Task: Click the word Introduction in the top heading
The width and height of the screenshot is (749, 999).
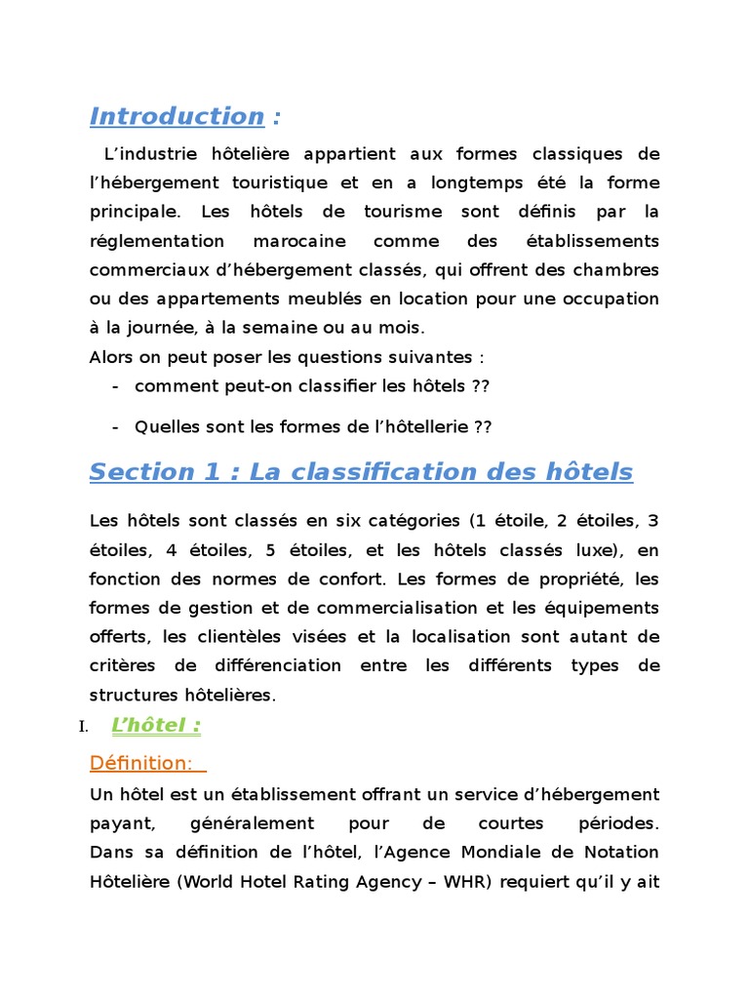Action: (177, 116)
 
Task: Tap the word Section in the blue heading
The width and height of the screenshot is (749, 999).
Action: (129, 472)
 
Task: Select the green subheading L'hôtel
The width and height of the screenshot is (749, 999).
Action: (156, 725)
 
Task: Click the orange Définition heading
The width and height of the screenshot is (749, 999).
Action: (140, 762)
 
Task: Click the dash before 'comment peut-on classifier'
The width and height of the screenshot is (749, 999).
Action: (116, 386)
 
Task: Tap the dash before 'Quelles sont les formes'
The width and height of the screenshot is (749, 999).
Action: (116, 426)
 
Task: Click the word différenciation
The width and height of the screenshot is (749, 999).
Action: (272, 666)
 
